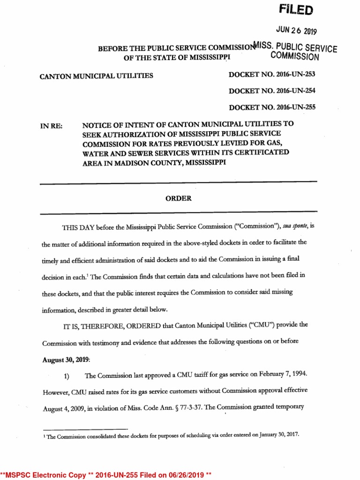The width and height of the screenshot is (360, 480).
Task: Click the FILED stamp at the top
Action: tap(296, 10)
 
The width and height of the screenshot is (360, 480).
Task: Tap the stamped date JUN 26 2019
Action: tap(297, 31)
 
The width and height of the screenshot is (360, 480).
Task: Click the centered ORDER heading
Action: tap(179, 198)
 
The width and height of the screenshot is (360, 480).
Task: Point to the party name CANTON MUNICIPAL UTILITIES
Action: tap(97, 75)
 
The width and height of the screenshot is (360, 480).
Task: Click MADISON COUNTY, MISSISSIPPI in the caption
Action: tap(178, 163)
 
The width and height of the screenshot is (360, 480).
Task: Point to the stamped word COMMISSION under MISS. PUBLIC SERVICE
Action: tap(295, 57)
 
